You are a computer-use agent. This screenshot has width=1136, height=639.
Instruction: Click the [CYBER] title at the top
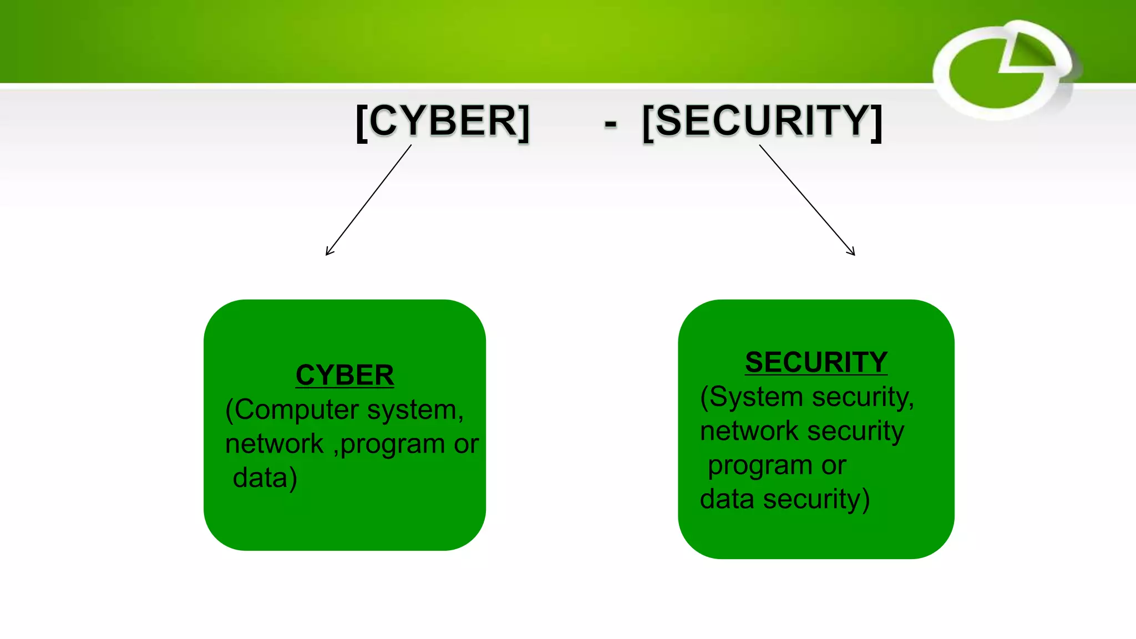[443, 121]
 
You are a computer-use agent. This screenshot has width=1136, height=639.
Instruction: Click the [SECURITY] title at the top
[763, 121]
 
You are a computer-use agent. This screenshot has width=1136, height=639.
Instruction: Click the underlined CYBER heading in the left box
[344, 375]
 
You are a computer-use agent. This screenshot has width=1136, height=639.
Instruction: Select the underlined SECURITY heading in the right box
[816, 362]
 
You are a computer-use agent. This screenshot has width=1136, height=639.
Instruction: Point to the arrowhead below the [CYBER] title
[328, 252]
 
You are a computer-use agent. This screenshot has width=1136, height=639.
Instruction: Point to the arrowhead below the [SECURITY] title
[852, 252]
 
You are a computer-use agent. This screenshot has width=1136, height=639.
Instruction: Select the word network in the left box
[274, 444]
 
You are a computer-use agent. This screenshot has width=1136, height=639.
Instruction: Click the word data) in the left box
[265, 478]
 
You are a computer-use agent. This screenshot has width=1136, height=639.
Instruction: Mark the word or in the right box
[834, 466]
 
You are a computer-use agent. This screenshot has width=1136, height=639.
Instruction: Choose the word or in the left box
[466, 444]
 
